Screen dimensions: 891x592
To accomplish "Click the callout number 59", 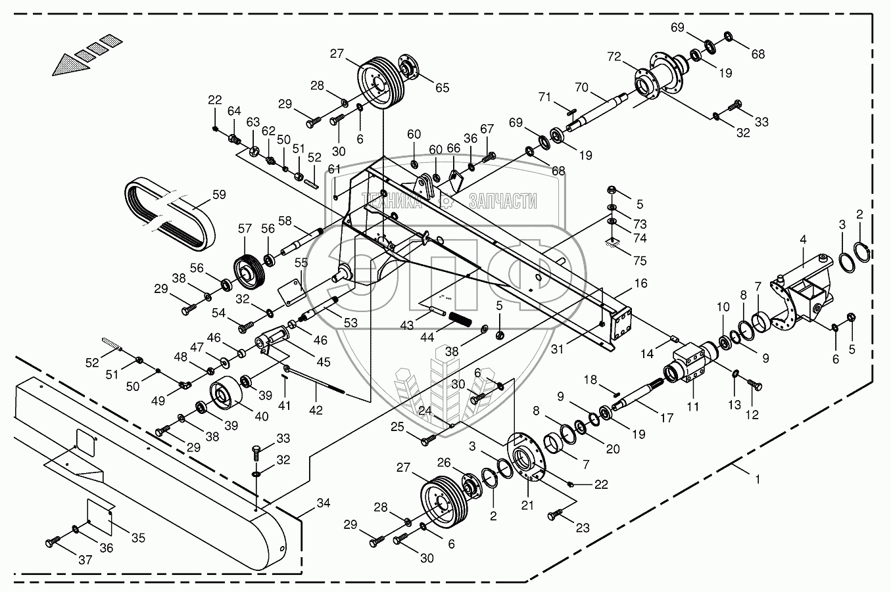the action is [219, 194].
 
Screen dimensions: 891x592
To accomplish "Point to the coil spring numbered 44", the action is [460, 319].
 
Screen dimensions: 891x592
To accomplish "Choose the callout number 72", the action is [614, 57].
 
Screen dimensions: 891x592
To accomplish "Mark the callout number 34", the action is [324, 503].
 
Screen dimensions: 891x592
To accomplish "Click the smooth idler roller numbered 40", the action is [226, 392].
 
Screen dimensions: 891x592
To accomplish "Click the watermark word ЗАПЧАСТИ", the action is [503, 201].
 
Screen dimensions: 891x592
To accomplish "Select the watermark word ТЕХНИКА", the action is [392, 201].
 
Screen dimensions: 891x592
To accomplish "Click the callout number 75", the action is [640, 260].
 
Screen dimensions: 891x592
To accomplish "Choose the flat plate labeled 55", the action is [292, 292].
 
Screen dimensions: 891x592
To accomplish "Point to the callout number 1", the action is [758, 480].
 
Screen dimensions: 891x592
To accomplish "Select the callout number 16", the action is [641, 283].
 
